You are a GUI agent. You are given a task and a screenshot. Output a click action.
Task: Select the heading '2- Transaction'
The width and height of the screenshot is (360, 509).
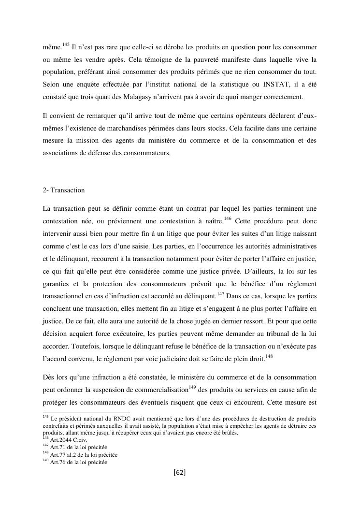click(64, 190)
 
